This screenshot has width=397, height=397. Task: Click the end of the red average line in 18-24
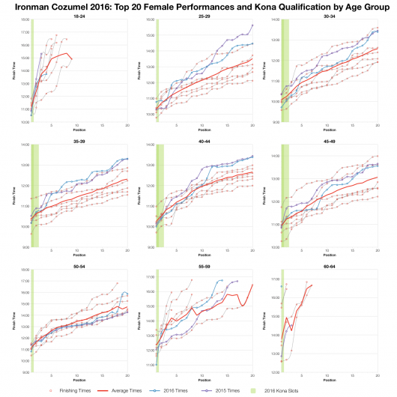pos(72,58)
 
